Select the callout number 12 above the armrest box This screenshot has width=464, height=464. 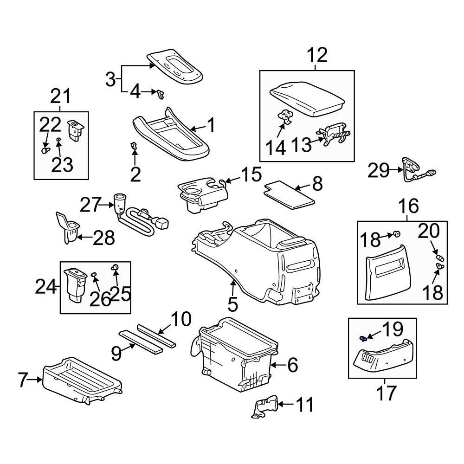click(317, 56)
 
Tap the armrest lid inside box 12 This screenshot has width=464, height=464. click(308, 97)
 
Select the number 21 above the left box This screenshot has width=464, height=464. click(61, 97)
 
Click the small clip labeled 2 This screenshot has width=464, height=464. click(134, 147)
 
